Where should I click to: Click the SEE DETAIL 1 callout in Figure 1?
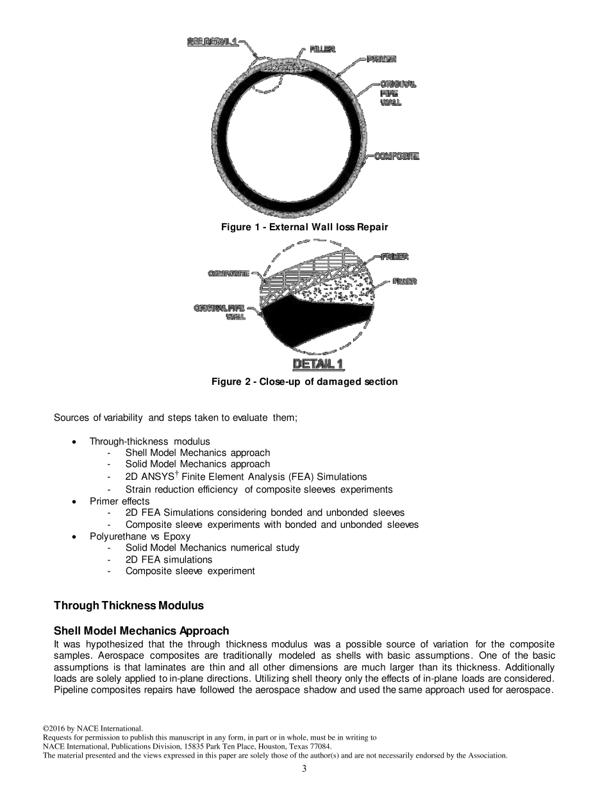[212, 42]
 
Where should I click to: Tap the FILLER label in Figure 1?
[322, 49]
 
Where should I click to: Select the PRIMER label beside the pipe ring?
[381, 59]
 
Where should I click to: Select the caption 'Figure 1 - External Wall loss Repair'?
[304, 227]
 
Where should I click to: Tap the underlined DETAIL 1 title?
[318, 364]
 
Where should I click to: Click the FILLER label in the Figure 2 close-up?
[405, 281]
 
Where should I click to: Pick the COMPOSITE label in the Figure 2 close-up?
[228, 274]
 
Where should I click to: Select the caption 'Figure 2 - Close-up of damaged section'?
[304, 382]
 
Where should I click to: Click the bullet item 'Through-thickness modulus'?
[149, 441]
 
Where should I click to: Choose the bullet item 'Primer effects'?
[119, 501]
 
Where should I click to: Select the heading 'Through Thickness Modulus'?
[129, 606]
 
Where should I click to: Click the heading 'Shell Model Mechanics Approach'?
[141, 631]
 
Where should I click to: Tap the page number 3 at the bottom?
[304, 769]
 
